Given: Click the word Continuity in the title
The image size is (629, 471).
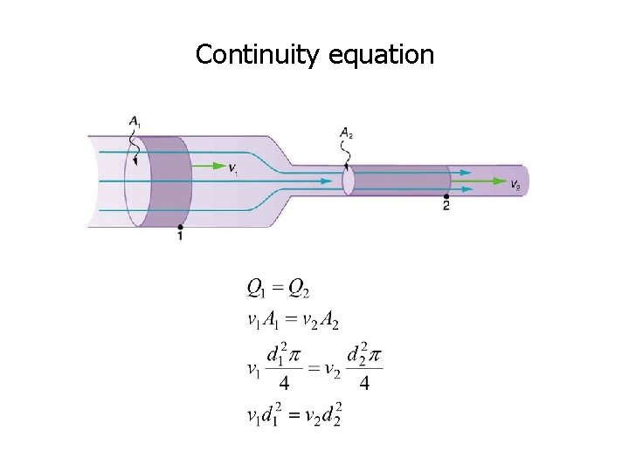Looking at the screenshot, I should pos(259,55).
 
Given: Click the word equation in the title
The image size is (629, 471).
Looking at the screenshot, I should pos(382,55).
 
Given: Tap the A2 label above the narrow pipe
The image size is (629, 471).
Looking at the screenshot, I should pos(346,133).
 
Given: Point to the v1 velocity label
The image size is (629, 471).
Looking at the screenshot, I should pos(232,167).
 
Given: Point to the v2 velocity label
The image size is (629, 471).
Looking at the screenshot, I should pos(515,185).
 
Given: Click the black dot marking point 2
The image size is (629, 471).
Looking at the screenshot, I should pos(446,198).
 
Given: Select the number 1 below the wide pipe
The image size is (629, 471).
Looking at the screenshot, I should pos(180,236).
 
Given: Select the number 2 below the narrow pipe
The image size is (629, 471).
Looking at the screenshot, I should pos(446,208).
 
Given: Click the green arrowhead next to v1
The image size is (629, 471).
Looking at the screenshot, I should pos(218,163).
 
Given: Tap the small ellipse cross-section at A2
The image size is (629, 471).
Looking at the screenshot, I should pos(348,181).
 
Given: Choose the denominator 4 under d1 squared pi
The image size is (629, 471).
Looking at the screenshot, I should pos(284,384).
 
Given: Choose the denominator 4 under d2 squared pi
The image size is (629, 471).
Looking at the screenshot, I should pos(364,384).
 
